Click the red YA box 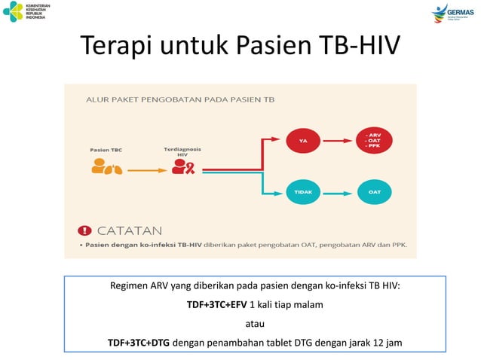click(303, 139)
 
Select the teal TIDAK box click(303, 192)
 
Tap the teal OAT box click(375, 192)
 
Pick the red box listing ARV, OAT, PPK click(375, 139)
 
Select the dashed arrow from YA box click(339, 139)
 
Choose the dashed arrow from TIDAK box click(339, 192)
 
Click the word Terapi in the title click(112, 48)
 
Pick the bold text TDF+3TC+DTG click(139, 343)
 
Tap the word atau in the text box click(255, 325)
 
